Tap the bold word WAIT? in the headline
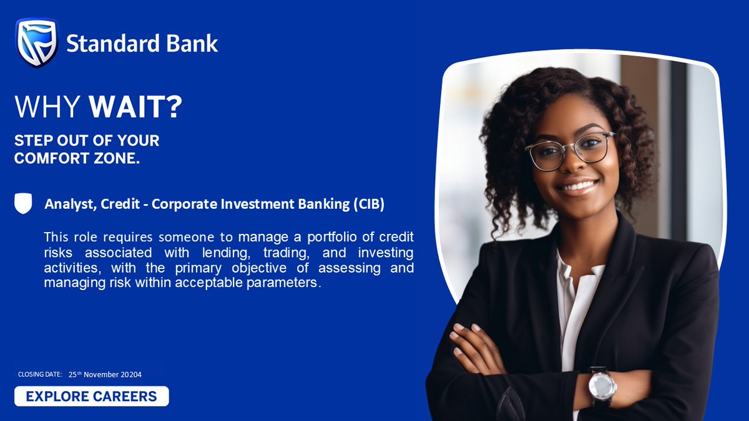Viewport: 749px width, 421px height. [135, 107]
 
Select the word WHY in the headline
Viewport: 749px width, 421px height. [48, 107]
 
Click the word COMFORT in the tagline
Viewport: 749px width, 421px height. [50, 158]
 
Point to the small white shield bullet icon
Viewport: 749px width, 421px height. [23, 204]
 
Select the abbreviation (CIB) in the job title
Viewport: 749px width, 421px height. [363, 205]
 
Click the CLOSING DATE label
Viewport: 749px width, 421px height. [40, 374]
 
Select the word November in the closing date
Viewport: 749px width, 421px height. [102, 374]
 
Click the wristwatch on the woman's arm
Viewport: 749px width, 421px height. [602, 385]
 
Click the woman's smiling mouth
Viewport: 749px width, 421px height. [577, 186]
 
